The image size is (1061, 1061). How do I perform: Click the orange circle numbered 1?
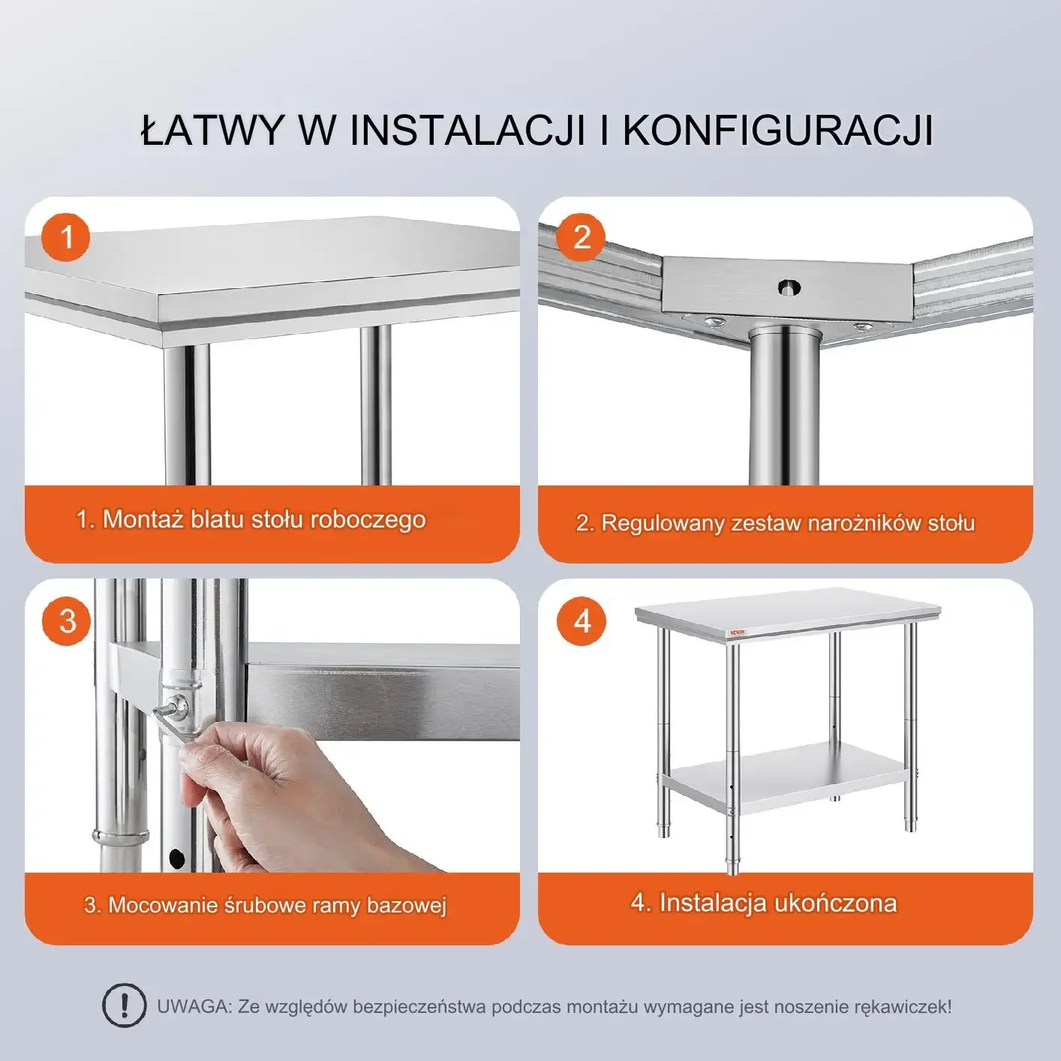(66, 238)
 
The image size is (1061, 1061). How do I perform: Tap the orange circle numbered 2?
(582, 238)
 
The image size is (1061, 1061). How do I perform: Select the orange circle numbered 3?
(67, 621)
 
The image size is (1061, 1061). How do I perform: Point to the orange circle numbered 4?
(582, 621)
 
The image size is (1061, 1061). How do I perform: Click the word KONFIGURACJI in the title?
(777, 130)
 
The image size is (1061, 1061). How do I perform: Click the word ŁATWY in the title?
(212, 130)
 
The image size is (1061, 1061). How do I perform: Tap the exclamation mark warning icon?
(124, 1005)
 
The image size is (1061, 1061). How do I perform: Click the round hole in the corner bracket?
(788, 287)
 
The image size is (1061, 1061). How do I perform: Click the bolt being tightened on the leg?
(178, 705)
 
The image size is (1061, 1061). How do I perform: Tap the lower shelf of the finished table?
(788, 773)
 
